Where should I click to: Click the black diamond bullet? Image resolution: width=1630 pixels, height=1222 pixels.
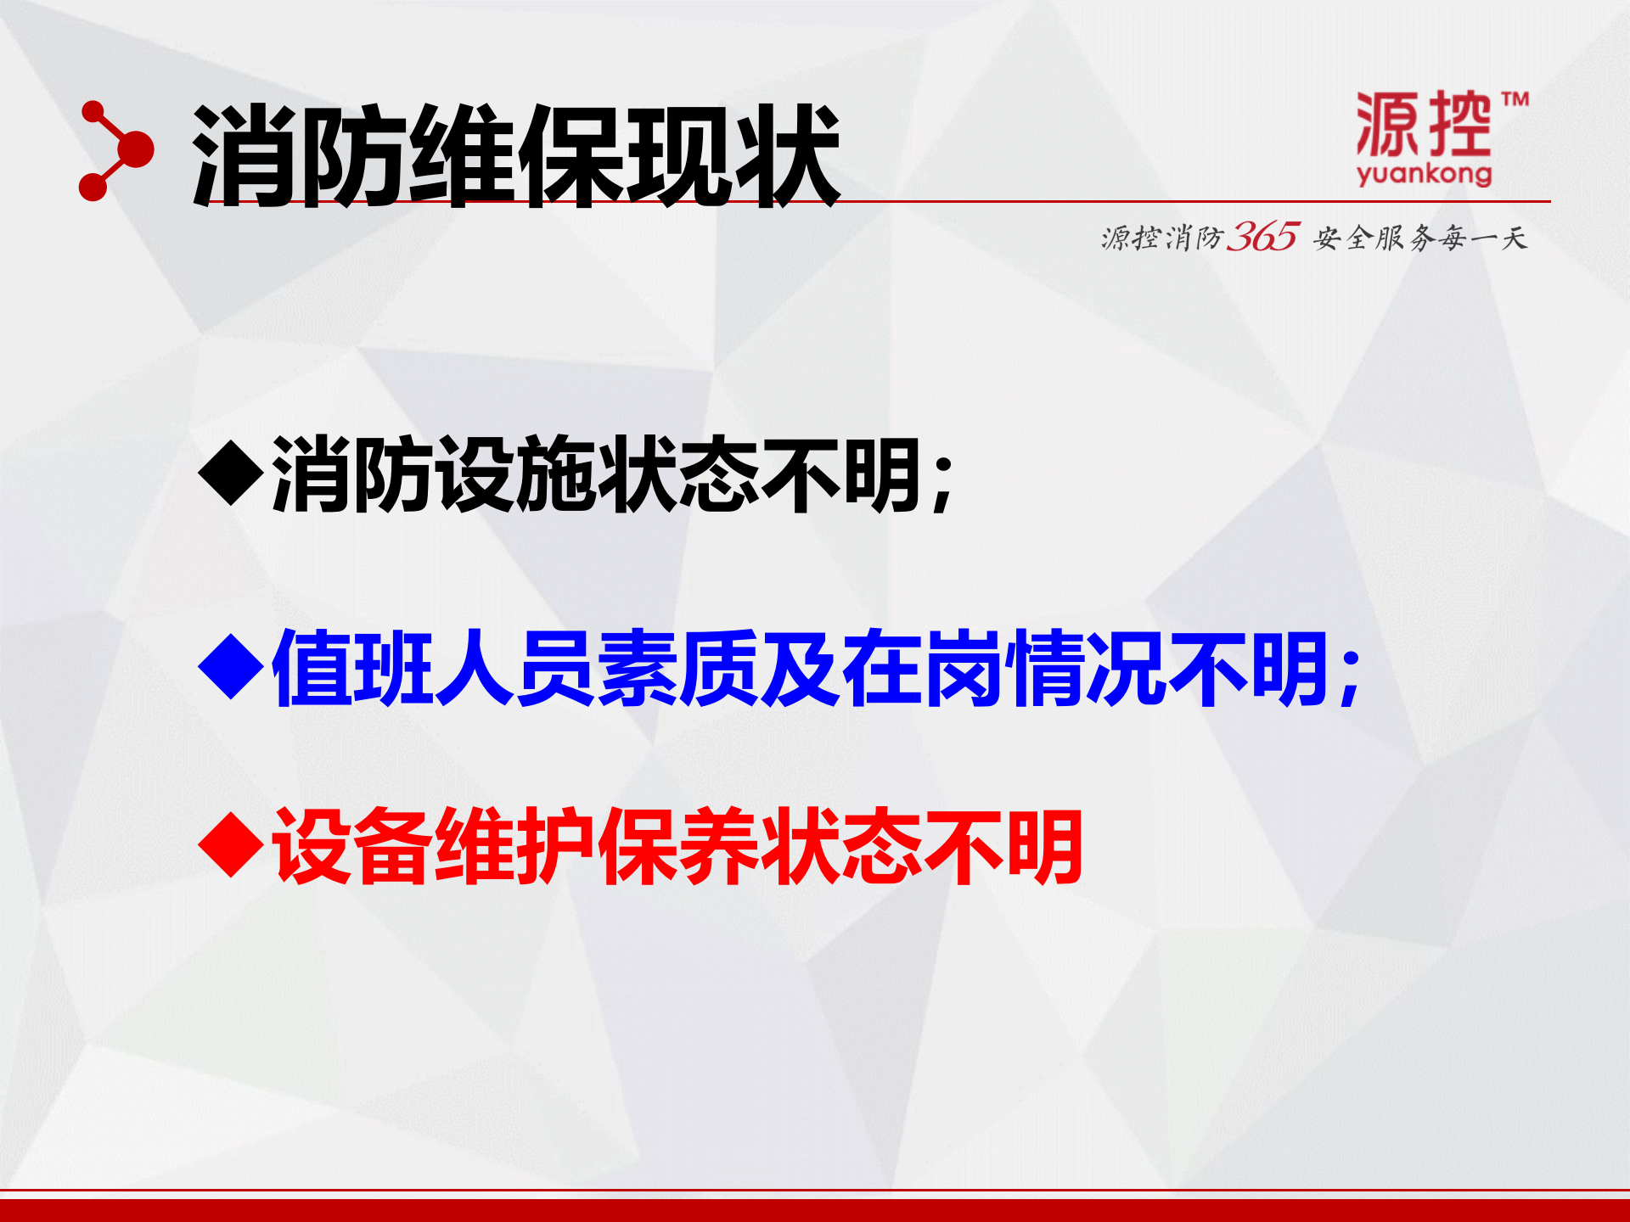click(x=231, y=474)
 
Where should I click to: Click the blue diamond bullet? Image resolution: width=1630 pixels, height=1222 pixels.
click(x=231, y=669)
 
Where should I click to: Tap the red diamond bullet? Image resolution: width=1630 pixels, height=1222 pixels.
click(x=231, y=846)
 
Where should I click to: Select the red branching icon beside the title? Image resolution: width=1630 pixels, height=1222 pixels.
click(x=115, y=151)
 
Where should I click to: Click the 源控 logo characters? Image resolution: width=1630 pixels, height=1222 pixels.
click(x=1423, y=125)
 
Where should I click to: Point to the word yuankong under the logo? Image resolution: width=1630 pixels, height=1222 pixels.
click(x=1424, y=174)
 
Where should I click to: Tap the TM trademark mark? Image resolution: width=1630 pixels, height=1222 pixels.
click(x=1515, y=99)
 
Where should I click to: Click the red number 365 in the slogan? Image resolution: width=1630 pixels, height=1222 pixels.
click(x=1262, y=237)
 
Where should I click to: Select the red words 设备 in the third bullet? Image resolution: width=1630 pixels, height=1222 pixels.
click(x=352, y=846)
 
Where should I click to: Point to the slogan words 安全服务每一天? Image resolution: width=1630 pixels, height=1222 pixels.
click(x=1420, y=238)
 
